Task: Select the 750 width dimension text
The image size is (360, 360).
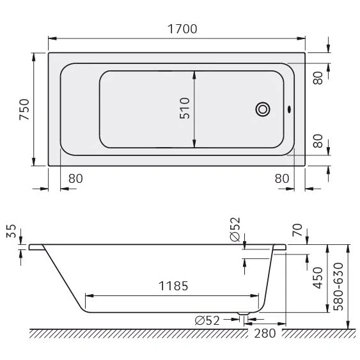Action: [24, 109]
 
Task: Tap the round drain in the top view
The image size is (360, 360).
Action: [262, 109]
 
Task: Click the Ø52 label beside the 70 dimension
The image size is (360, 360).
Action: [235, 228]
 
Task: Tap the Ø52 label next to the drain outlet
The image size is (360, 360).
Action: [207, 320]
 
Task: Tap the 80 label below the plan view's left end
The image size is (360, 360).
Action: [75, 178]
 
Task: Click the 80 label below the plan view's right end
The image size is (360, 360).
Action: [282, 178]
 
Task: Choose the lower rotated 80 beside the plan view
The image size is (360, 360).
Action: [318, 141]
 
